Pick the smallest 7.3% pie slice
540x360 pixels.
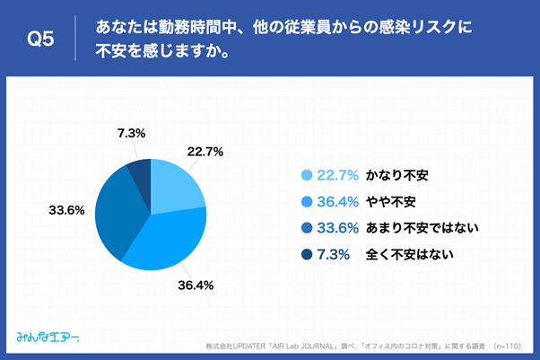[140, 170]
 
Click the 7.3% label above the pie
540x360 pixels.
[132, 134]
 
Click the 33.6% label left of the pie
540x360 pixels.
[66, 211]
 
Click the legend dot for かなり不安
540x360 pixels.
[307, 175]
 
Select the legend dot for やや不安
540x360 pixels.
[307, 201]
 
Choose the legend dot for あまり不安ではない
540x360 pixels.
[307, 227]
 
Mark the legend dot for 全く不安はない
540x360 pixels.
[307, 254]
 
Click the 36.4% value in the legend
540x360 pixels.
[337, 201]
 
